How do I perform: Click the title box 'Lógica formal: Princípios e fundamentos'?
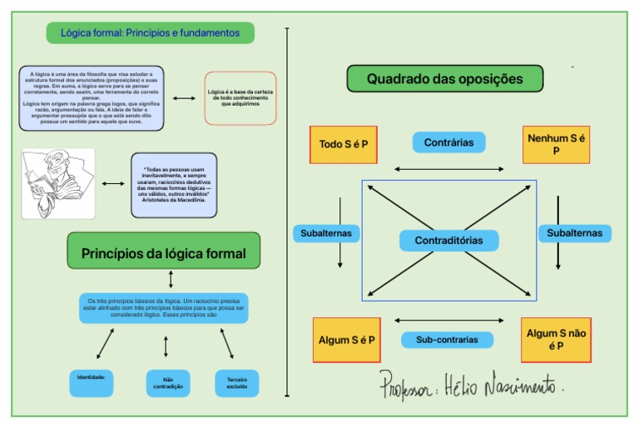150,33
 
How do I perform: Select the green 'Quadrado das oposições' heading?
444,79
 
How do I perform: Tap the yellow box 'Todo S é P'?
344,145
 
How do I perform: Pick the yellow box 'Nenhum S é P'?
556,145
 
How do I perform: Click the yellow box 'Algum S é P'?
346,340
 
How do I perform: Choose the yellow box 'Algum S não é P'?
556,340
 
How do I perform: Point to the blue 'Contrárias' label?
448,142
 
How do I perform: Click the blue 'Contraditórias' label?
448,241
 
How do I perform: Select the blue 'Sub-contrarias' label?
448,340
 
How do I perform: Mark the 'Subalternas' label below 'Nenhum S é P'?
574,233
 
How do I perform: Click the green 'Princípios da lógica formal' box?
163,253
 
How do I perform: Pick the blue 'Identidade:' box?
91,383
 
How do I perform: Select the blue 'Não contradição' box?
167,383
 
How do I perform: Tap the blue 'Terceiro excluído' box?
237,383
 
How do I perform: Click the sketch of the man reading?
58,183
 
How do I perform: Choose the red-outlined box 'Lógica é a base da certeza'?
240,97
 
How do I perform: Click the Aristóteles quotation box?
174,184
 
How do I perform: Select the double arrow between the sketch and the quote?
112,184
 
